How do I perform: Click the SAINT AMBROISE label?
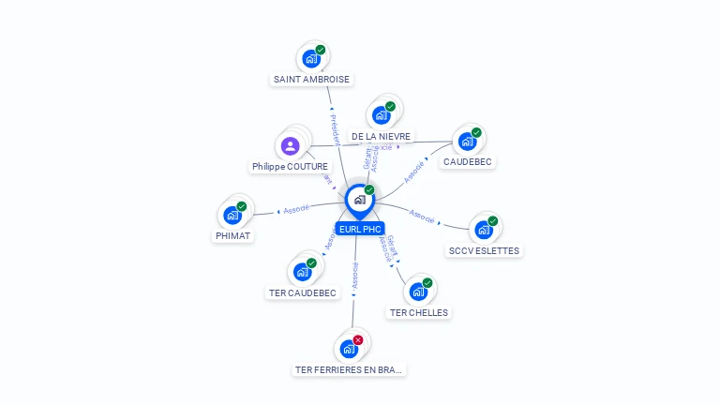311,80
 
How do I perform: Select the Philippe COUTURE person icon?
290,146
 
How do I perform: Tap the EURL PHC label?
360,229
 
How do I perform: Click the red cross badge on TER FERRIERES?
358,339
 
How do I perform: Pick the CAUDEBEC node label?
469,161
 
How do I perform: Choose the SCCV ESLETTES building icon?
483,230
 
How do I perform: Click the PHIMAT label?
232,236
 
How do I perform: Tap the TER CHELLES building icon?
418,292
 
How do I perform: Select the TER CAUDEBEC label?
302,292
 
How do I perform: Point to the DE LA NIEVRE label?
381,136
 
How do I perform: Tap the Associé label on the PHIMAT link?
296,209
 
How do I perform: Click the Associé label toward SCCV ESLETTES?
422,217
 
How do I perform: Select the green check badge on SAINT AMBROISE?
321,50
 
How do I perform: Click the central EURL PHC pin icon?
359,199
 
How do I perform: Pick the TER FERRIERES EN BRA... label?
349,369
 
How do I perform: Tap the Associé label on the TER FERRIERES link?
354,275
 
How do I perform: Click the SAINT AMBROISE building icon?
311,59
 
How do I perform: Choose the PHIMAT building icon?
232,215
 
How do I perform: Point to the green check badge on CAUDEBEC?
476,132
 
